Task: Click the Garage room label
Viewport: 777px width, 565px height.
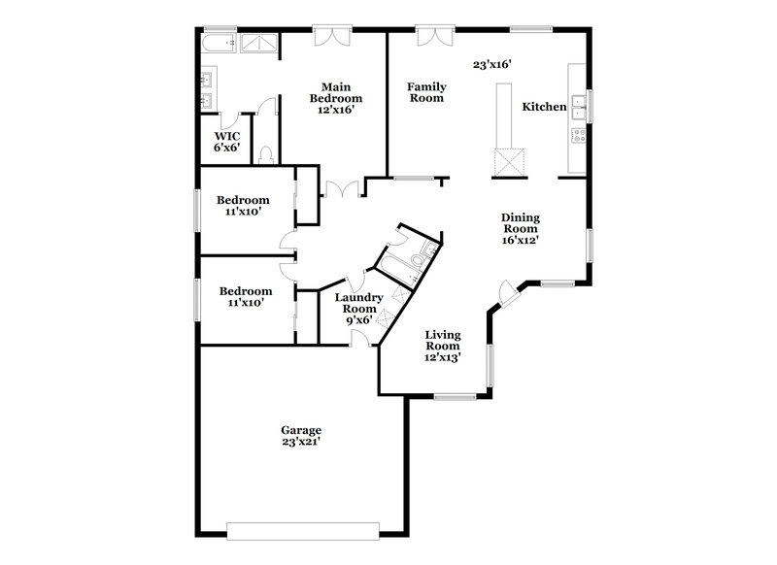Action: coord(301,430)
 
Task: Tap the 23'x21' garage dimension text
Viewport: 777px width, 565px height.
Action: coord(301,442)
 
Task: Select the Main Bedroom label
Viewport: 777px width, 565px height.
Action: coord(336,98)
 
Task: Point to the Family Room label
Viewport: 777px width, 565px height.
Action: coord(425,92)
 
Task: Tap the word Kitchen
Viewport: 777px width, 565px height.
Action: coord(544,107)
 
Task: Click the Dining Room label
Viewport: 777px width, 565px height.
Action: coord(520,229)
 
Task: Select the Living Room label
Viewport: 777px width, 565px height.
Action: coord(443,345)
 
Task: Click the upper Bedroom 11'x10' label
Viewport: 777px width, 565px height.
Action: coord(243,206)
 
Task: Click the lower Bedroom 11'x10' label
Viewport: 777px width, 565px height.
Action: coord(245,296)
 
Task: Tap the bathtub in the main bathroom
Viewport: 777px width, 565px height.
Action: coord(218,44)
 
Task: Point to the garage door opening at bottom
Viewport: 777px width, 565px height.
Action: coord(301,530)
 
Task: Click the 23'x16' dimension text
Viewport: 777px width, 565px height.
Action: coord(491,65)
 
